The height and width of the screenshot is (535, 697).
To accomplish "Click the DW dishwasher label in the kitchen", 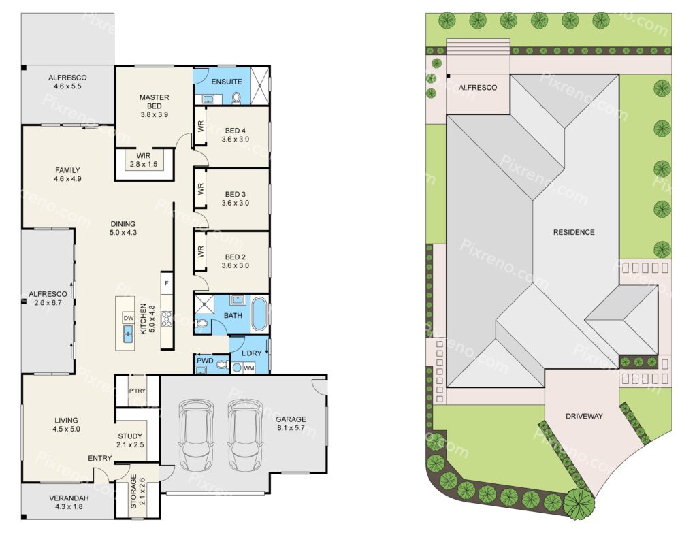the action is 129,318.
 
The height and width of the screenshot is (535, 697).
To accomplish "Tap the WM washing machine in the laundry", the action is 249,368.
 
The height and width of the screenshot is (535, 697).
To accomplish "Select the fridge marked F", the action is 167,283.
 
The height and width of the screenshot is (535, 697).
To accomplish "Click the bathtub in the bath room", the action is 259,314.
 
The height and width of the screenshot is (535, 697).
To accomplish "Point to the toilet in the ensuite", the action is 236,97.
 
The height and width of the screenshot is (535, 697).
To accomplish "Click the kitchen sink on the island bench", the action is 128,333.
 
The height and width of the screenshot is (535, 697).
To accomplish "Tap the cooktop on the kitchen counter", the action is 167,319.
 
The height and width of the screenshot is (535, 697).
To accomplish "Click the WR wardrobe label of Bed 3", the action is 201,189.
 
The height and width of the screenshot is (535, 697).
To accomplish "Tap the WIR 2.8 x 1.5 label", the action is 144,160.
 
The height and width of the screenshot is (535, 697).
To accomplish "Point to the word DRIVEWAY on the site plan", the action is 584,417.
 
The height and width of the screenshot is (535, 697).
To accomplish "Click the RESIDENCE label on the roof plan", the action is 574,232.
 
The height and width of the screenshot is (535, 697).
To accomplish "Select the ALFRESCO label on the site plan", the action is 478,88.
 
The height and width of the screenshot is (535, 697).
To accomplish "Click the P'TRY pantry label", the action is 137,391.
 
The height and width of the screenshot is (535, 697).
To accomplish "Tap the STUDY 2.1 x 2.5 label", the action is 130,440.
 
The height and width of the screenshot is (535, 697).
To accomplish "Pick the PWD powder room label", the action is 206,361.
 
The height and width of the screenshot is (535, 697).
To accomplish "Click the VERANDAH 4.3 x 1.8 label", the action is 69,502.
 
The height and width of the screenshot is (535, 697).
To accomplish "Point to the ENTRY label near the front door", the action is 100,458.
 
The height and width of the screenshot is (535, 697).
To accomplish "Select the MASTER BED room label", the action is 155,101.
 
